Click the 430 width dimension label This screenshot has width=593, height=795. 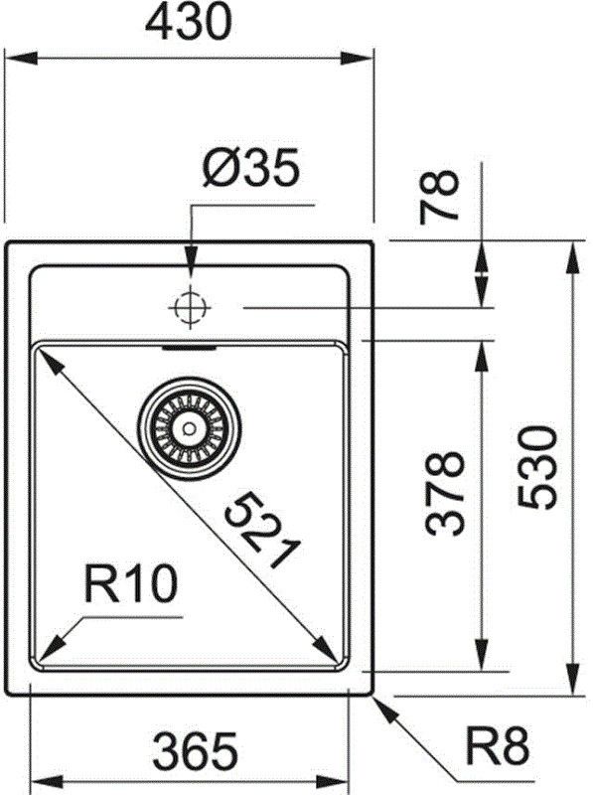coord(189,22)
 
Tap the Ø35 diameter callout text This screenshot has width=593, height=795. coord(250,168)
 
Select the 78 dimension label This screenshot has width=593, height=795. coord(439,196)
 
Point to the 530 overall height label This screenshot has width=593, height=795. coord(537,467)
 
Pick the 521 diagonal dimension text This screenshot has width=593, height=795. coord(263,530)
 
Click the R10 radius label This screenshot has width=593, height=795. coord(131,584)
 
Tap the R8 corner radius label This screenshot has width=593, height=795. coord(498,746)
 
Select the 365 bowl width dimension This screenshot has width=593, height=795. coord(195,751)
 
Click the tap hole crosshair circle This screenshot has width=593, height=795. coord(190,307)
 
